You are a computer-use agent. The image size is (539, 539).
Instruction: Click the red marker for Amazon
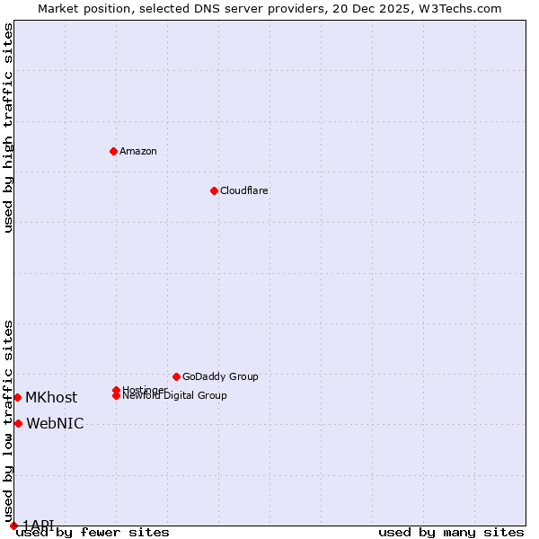pyautogui.click(x=113, y=151)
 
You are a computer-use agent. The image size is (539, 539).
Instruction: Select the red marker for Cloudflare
pyautogui.click(x=214, y=190)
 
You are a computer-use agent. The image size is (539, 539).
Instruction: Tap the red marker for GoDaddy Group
pyautogui.click(x=176, y=376)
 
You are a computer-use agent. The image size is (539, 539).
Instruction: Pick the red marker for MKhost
pyautogui.click(x=17, y=397)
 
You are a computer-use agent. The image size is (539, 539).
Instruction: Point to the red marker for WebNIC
pyautogui.click(x=18, y=423)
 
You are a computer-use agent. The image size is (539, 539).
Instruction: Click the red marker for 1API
pyautogui.click(x=13, y=526)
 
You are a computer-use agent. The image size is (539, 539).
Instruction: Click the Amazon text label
pyautogui.click(x=138, y=151)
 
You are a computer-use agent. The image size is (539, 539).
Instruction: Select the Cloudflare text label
pyautogui.click(x=244, y=190)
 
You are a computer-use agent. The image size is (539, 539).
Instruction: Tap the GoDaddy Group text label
pyautogui.click(x=220, y=376)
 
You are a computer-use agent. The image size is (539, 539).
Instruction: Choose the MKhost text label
pyautogui.click(x=51, y=397)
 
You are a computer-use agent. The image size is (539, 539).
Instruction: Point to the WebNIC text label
pyautogui.click(x=55, y=424)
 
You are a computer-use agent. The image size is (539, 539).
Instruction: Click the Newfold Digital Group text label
pyautogui.click(x=175, y=396)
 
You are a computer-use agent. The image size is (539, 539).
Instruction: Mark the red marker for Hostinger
pyautogui.click(x=116, y=390)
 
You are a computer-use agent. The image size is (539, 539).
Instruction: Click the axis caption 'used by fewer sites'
pyautogui.click(x=93, y=533)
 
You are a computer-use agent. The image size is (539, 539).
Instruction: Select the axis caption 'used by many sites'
pyautogui.click(x=451, y=533)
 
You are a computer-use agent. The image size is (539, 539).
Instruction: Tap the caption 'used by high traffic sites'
pyautogui.click(x=8, y=128)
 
